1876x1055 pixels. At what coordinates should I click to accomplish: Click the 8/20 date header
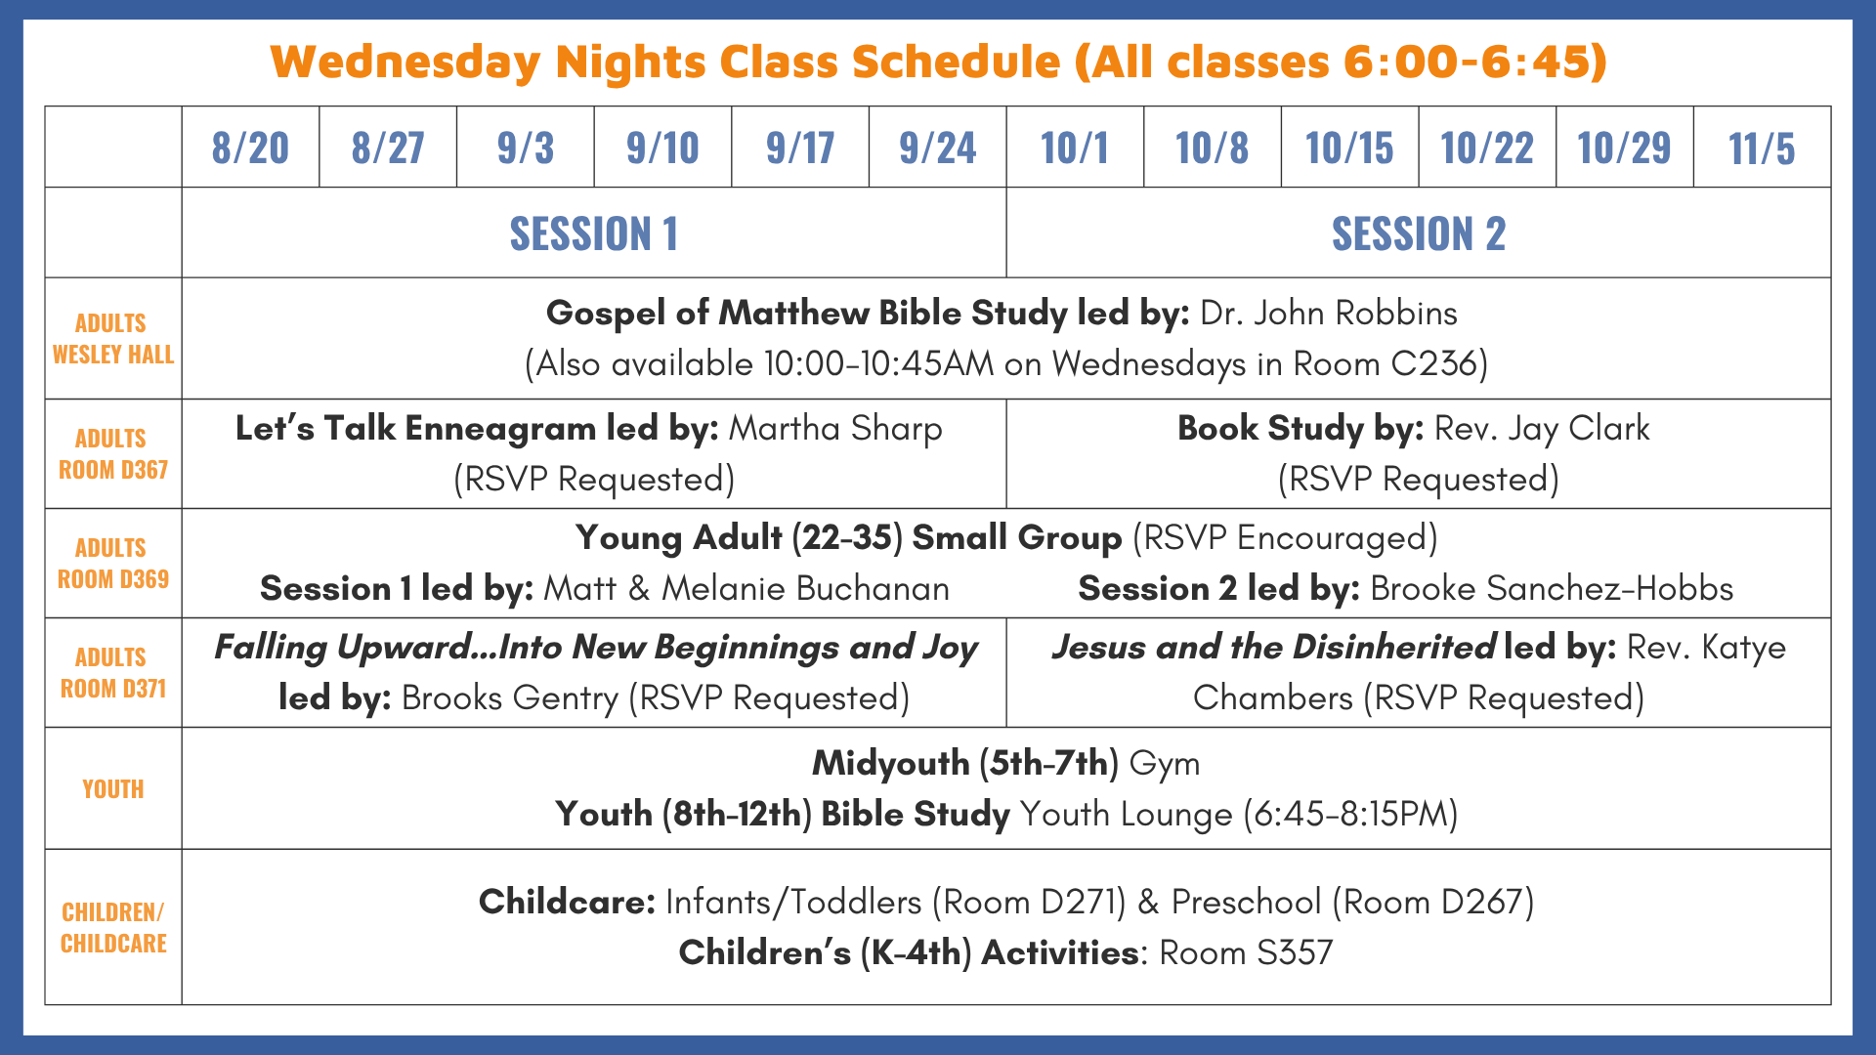(x=250, y=148)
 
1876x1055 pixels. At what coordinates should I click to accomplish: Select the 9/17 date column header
(x=800, y=148)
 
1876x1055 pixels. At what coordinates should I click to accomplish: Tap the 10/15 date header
(x=1349, y=148)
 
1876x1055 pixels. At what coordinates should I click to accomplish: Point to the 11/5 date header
(x=1762, y=148)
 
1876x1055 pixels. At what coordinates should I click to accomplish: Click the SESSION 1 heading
(x=594, y=233)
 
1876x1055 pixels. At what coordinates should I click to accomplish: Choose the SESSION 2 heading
(x=1419, y=233)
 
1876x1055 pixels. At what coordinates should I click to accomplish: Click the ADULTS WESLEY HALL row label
(x=113, y=339)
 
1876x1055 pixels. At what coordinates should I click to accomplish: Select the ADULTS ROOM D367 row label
(x=113, y=454)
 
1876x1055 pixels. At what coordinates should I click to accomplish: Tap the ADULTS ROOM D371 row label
(x=113, y=673)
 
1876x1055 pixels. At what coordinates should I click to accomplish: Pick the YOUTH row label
(x=113, y=789)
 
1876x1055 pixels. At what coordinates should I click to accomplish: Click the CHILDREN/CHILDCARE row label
(x=113, y=928)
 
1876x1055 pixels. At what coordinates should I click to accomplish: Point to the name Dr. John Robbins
(x=1329, y=313)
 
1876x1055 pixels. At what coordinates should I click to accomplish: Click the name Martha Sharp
(x=836, y=429)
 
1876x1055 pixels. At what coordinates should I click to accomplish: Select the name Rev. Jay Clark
(x=1542, y=429)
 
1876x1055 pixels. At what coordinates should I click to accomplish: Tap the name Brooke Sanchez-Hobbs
(x=1552, y=588)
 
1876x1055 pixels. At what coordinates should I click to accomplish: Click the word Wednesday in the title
(x=405, y=62)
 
